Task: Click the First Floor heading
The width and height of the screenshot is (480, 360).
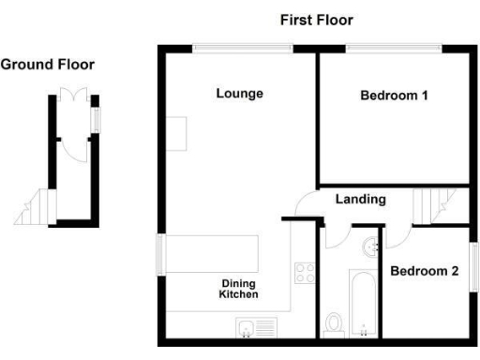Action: [315, 20]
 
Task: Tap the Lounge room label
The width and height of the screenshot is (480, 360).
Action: [239, 94]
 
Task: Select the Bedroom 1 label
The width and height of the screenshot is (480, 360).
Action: [394, 96]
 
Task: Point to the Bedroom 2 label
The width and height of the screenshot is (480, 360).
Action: [424, 272]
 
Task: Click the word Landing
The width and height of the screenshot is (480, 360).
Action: [361, 200]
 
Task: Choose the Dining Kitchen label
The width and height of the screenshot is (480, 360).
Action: [239, 289]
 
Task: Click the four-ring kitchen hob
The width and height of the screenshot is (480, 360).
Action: [306, 274]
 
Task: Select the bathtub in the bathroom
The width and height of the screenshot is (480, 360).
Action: [361, 304]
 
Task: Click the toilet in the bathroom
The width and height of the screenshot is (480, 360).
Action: [334, 324]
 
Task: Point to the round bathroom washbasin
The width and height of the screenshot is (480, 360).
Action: [368, 247]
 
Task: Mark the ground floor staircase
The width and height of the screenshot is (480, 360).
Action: [35, 207]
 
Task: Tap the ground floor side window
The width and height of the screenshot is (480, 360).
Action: [95, 120]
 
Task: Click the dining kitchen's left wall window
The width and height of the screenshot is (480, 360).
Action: [158, 257]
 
